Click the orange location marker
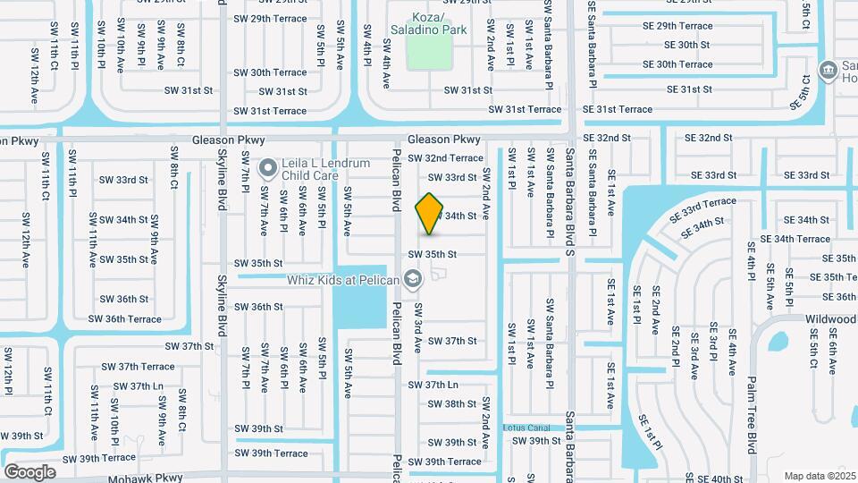(429, 213)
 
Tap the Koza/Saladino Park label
(428, 23)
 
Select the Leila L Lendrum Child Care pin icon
(266, 167)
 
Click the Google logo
(29, 471)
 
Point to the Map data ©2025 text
(820, 476)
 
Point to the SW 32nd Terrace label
(445, 158)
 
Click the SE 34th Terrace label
(795, 239)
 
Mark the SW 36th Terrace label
(124, 319)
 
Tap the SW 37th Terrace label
(138, 367)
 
